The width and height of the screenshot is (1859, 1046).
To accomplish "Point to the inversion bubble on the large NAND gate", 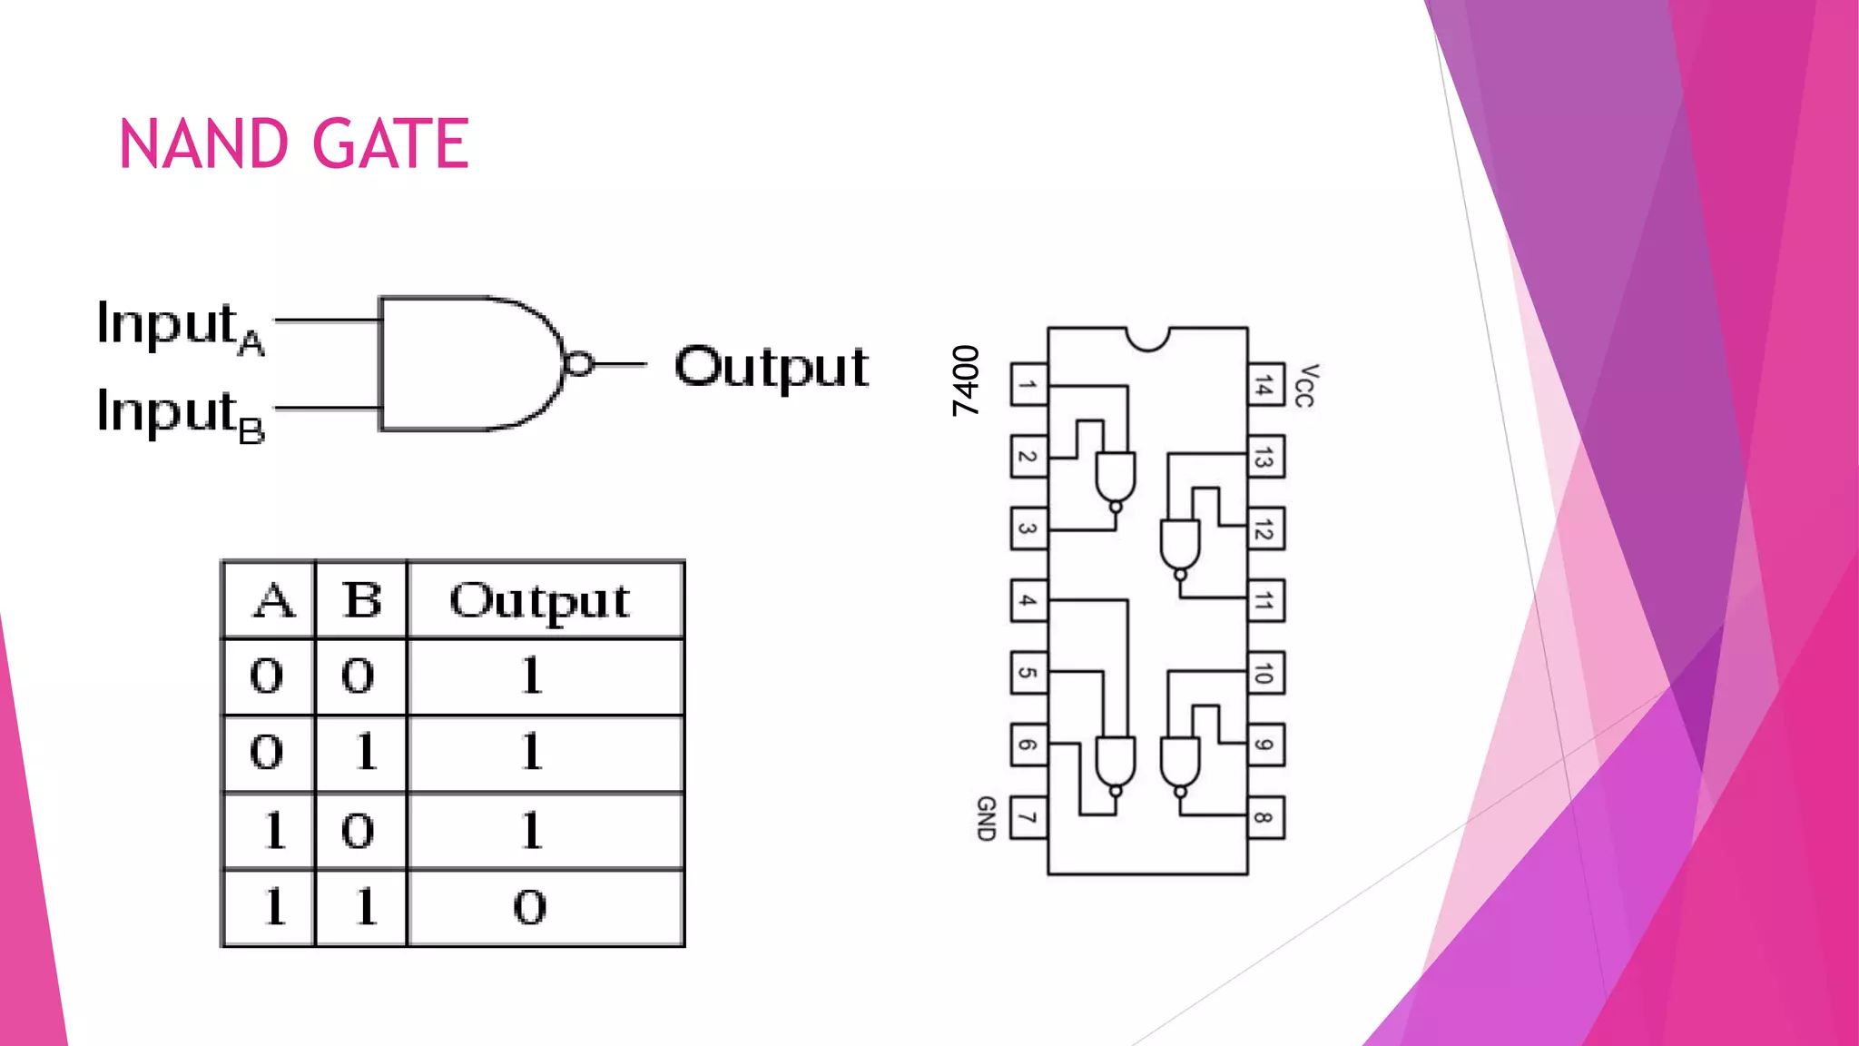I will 579,364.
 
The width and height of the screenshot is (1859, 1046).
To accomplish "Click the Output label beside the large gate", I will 771,367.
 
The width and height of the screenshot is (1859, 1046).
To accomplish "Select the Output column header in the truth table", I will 541,600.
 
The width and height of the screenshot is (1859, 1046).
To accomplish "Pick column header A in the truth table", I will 273,600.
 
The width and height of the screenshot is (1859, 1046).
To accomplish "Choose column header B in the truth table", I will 362,600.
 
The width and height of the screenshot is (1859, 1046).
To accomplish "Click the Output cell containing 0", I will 530,907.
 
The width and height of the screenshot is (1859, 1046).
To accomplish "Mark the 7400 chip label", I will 966,380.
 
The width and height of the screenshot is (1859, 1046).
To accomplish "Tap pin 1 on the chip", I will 1028,384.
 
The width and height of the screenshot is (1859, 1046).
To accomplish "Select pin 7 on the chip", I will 1028,818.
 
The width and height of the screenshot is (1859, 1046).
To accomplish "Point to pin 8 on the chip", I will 1265,818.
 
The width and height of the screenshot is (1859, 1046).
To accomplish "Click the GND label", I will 986,818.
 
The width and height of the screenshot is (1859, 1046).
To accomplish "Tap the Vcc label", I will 1305,385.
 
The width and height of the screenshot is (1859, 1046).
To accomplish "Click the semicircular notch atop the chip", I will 1147,338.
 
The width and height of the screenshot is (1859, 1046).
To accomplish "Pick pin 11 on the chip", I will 1265,601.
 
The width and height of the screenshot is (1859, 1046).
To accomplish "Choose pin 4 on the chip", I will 1028,601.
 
